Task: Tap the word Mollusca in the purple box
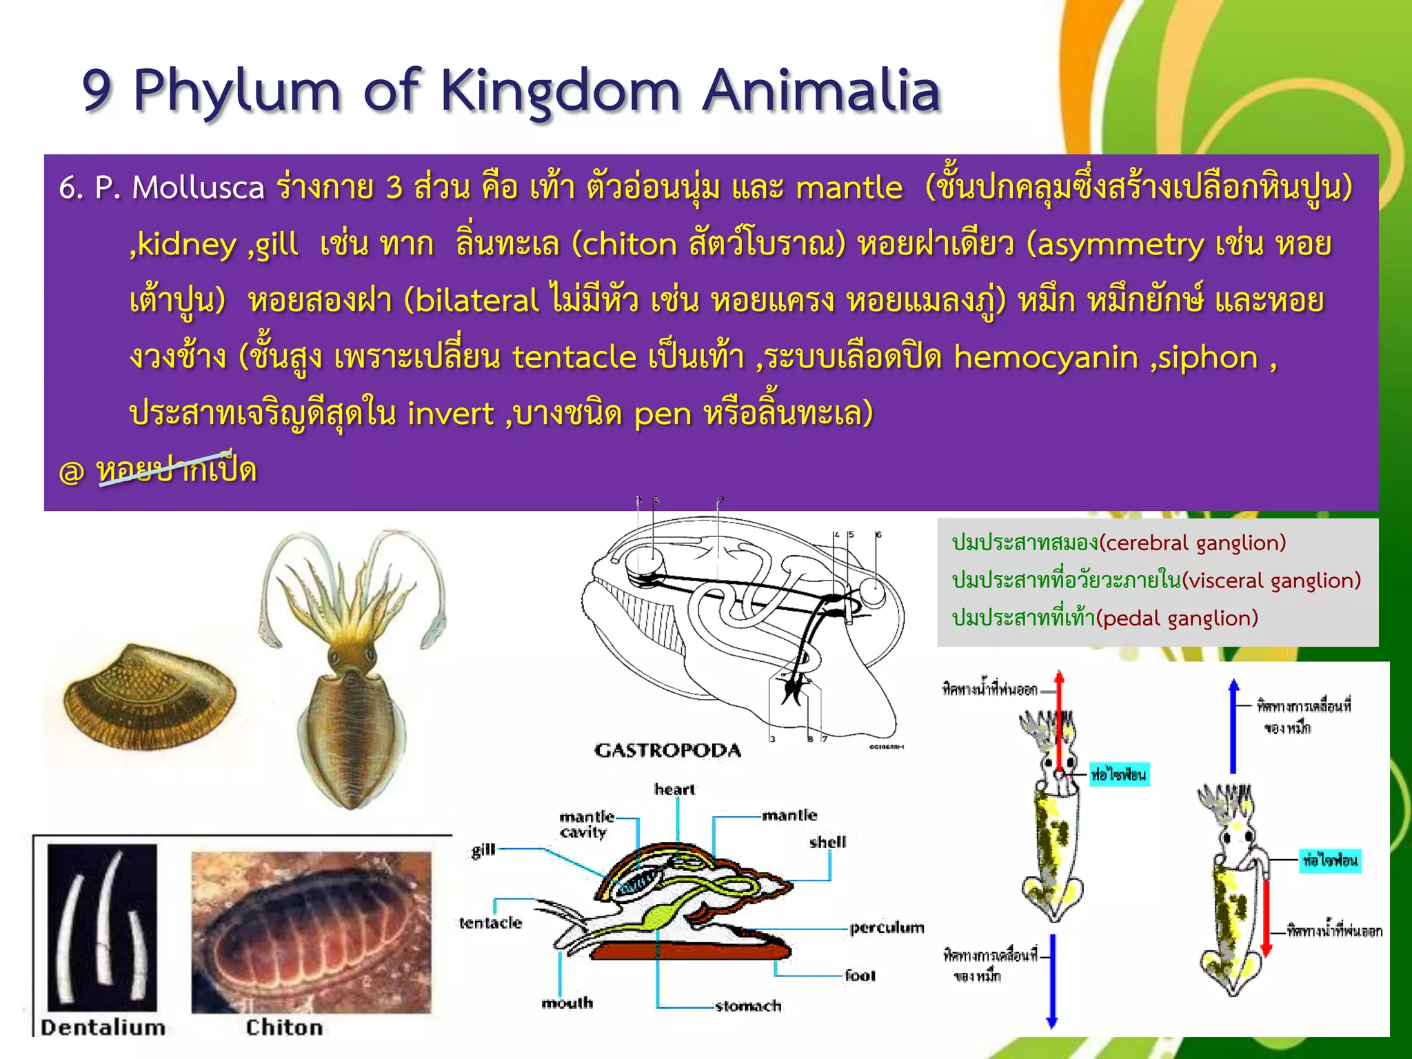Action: click(x=198, y=188)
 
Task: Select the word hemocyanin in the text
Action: click(x=1045, y=357)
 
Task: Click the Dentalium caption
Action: click(x=103, y=1027)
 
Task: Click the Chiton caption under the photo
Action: click(x=284, y=1027)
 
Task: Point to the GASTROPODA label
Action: click(x=667, y=750)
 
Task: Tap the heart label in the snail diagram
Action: click(x=674, y=789)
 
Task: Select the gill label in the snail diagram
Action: click(x=483, y=850)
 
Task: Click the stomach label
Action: click(x=748, y=1006)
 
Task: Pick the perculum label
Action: click(x=887, y=928)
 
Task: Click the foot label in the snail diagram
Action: click(x=860, y=976)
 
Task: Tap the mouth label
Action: click(x=567, y=1003)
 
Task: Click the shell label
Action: click(x=827, y=842)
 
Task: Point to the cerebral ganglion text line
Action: click(x=1118, y=543)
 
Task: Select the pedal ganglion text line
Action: click(x=1105, y=618)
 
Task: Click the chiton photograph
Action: click(x=310, y=931)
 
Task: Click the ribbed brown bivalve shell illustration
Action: click(x=148, y=696)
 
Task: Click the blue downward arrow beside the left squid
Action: click(x=1051, y=979)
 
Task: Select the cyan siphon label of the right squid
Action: click(x=1330, y=860)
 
